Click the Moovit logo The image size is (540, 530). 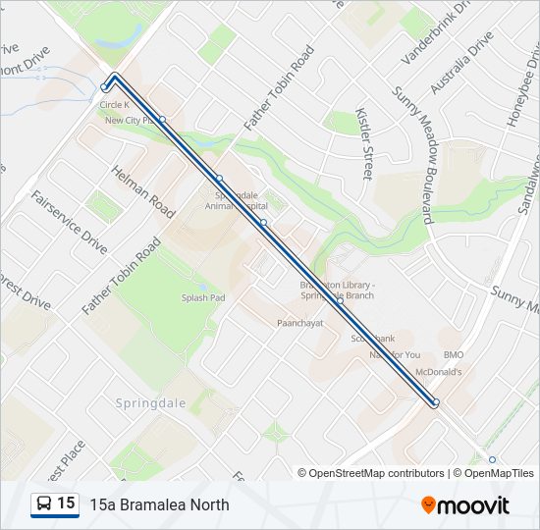pyautogui.click(x=465, y=505)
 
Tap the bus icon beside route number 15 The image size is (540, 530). pyautogui.click(x=44, y=504)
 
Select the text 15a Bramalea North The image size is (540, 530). pyautogui.click(x=159, y=505)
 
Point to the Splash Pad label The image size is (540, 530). pyautogui.click(x=203, y=297)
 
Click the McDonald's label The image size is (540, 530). pyautogui.click(x=438, y=372)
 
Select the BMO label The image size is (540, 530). pyautogui.click(x=453, y=354)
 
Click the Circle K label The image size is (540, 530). pyautogui.click(x=115, y=104)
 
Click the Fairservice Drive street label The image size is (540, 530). pyautogui.click(x=69, y=223)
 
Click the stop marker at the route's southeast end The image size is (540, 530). pyautogui.click(x=435, y=402)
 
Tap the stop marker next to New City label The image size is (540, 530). pyautogui.click(x=162, y=120)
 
